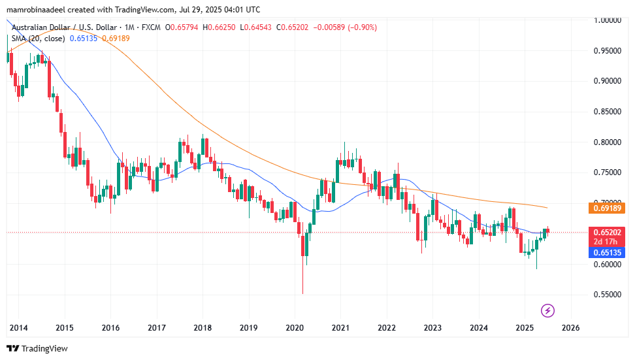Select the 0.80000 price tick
point(607,142)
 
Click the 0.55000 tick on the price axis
point(607,295)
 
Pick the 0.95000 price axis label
point(607,51)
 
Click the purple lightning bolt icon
point(549,310)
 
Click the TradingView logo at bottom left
point(37,348)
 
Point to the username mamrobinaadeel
point(39,10)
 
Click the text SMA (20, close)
point(37,39)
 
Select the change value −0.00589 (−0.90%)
point(344,27)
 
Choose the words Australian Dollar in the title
point(38,27)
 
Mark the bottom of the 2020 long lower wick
point(302,293)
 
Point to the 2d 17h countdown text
point(607,242)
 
